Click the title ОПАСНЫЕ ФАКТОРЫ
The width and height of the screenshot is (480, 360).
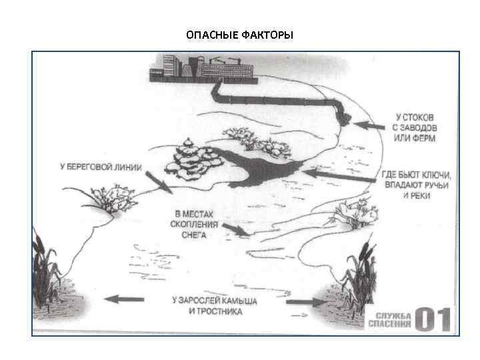coord(239,35)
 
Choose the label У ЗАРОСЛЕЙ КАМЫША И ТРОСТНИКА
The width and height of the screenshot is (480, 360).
coord(214,305)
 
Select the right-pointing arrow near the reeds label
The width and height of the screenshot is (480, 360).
coord(304,301)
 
